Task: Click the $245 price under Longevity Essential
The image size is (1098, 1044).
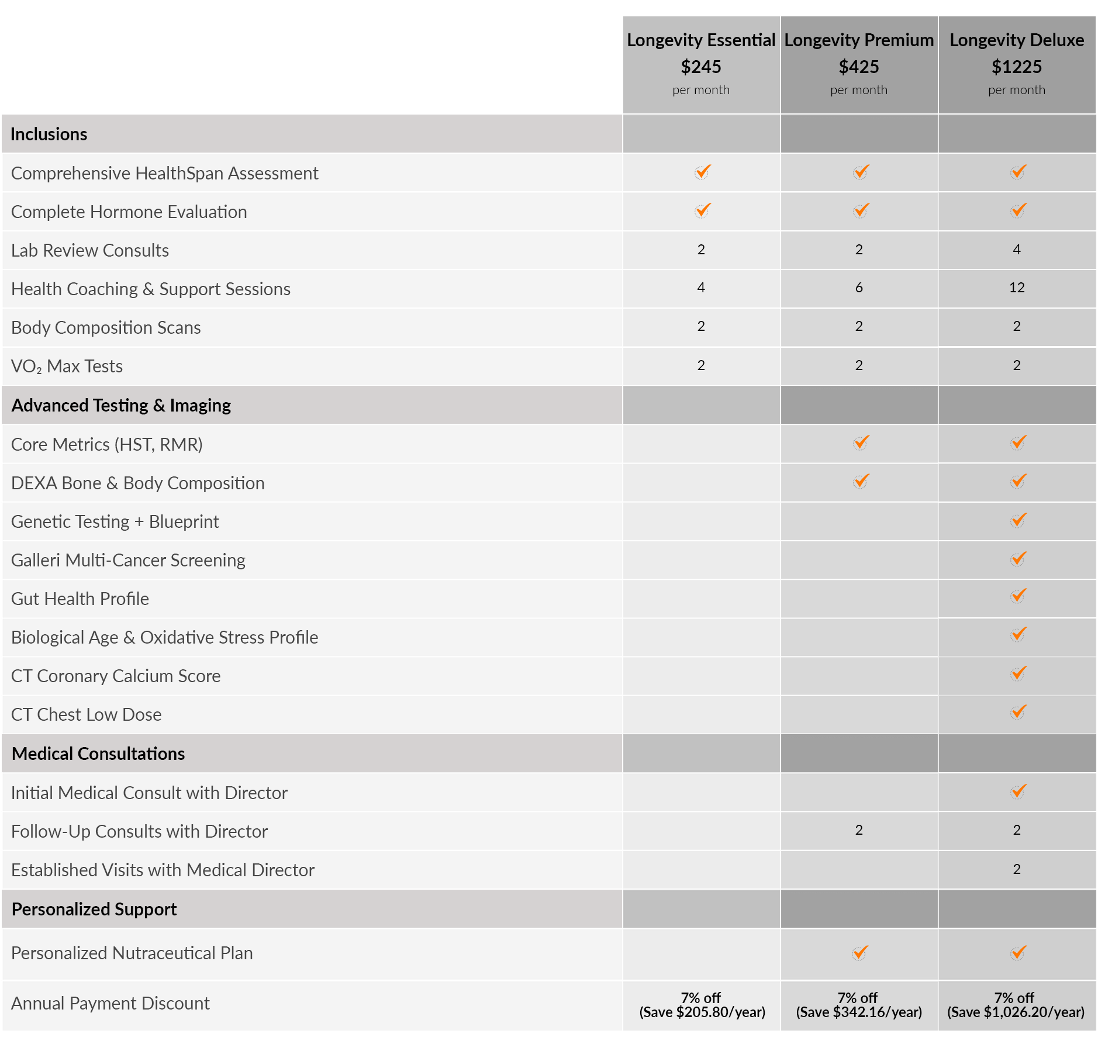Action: click(700, 67)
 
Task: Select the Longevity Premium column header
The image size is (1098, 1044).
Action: click(858, 40)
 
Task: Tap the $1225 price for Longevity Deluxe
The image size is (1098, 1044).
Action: click(1016, 67)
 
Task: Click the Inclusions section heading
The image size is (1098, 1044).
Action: click(49, 134)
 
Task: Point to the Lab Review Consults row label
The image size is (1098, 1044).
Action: click(90, 251)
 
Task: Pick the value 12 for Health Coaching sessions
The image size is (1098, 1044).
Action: click(1017, 288)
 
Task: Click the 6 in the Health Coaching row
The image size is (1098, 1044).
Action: click(858, 288)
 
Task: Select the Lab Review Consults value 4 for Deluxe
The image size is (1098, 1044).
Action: click(1017, 250)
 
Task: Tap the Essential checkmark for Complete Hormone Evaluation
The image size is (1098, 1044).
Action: click(702, 210)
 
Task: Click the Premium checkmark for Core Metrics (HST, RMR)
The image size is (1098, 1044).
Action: click(861, 443)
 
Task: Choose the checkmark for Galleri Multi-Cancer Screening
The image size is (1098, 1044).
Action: click(1018, 559)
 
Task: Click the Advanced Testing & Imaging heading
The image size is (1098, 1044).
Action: click(121, 406)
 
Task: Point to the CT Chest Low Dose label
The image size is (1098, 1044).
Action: click(86, 715)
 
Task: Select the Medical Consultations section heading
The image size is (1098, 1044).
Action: click(98, 754)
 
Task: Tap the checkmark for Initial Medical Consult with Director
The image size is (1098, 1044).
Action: click(1018, 791)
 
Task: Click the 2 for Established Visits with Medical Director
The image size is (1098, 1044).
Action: click(1017, 869)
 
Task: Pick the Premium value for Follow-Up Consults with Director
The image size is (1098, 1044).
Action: click(858, 830)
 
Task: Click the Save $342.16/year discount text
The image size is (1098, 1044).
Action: click(858, 1012)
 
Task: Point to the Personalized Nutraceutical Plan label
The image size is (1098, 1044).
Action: click(132, 953)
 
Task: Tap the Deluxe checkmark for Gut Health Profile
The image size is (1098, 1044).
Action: click(1018, 596)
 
